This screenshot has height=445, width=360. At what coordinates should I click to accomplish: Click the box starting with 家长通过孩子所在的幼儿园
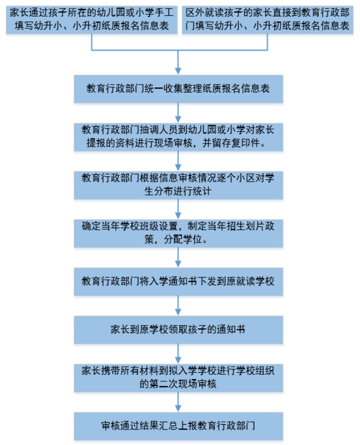pyautogui.click(x=92, y=20)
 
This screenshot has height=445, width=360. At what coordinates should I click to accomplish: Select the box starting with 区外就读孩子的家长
pyautogui.click(x=267, y=20)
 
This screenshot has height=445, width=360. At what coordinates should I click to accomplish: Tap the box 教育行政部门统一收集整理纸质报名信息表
pyautogui.click(x=178, y=89)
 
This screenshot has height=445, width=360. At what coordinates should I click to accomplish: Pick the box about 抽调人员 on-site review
pyautogui.click(x=178, y=137)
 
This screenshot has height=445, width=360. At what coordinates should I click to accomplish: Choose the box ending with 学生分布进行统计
pyautogui.click(x=178, y=185)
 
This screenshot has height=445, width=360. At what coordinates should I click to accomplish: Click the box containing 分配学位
pyautogui.click(x=178, y=233)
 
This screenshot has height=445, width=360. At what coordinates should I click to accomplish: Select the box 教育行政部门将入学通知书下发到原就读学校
pyautogui.click(x=178, y=282)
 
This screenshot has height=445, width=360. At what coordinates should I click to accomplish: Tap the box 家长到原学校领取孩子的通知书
pyautogui.click(x=178, y=330)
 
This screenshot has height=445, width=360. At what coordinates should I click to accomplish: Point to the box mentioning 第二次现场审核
pyautogui.click(x=178, y=378)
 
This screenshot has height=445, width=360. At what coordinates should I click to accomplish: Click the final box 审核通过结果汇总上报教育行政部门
pyautogui.click(x=178, y=426)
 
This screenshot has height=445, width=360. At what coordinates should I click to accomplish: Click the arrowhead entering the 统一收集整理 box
pyautogui.click(x=178, y=71)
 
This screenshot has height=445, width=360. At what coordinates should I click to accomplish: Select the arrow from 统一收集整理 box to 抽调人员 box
pyautogui.click(x=178, y=113)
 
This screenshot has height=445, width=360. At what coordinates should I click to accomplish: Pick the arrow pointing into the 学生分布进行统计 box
pyautogui.click(x=178, y=161)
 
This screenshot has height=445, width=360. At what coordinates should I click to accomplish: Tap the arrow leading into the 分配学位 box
pyautogui.click(x=178, y=209)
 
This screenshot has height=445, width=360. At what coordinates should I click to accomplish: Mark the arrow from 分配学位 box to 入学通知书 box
pyautogui.click(x=178, y=258)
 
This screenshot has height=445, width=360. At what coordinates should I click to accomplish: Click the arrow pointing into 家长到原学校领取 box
pyautogui.click(x=178, y=306)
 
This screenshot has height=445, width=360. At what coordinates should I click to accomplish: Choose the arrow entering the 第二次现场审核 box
pyautogui.click(x=178, y=354)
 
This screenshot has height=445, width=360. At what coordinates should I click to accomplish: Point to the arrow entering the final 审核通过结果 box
pyautogui.click(x=178, y=402)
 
